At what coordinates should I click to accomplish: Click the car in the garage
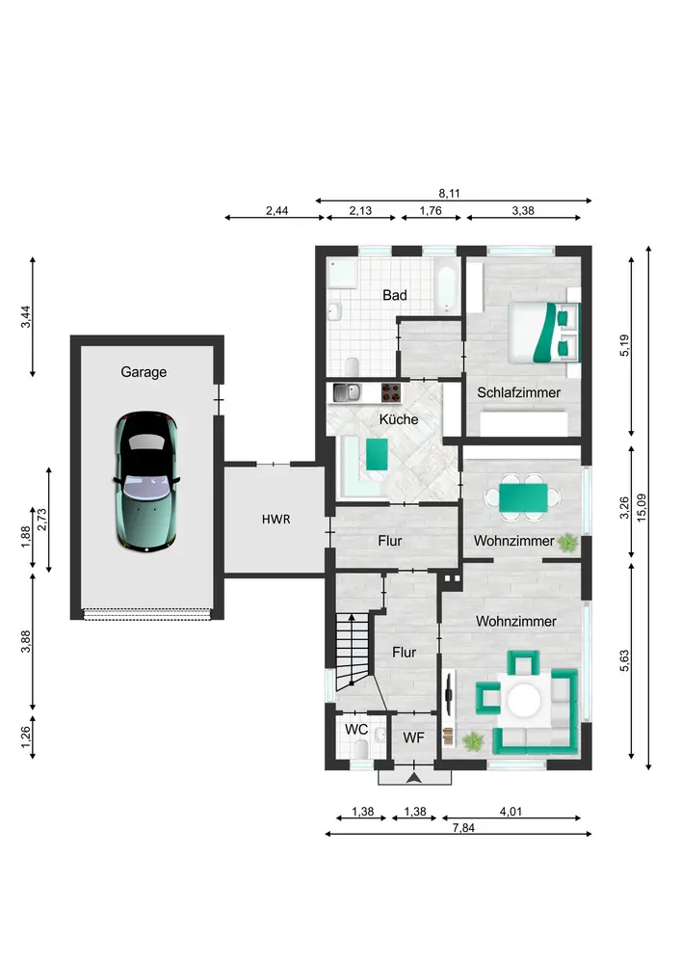(146, 482)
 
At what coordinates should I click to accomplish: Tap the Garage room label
(144, 372)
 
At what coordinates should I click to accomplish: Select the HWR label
(275, 520)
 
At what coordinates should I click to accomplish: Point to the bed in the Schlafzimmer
(543, 332)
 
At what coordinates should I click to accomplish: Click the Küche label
(399, 419)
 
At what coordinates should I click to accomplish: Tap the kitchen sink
(348, 392)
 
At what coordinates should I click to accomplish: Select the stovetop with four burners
(391, 392)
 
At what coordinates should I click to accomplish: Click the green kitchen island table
(377, 454)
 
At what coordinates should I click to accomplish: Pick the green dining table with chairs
(523, 498)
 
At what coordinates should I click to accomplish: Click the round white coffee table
(524, 700)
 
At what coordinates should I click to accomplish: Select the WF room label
(414, 737)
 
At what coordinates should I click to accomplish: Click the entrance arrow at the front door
(414, 778)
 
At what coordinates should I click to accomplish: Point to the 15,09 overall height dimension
(642, 508)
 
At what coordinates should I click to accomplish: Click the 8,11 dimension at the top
(450, 193)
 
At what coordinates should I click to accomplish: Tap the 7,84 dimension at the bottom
(463, 827)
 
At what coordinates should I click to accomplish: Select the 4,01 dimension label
(511, 812)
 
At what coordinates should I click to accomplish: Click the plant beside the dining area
(567, 542)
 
